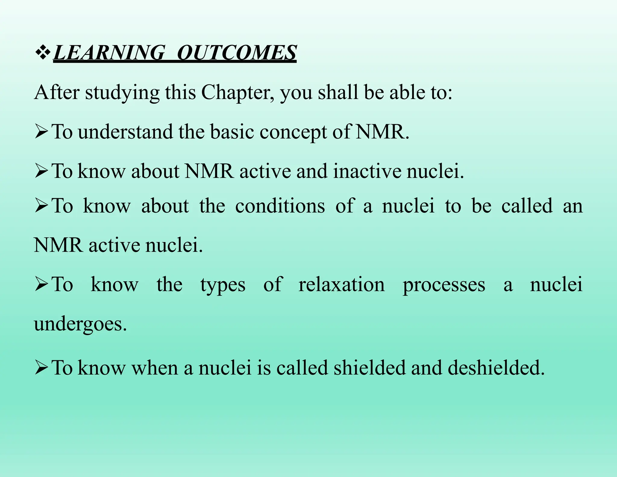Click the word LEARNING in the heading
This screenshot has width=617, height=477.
(109, 53)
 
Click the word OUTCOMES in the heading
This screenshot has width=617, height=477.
(237, 53)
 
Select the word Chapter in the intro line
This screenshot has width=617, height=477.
(237, 93)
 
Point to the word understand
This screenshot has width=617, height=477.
(125, 132)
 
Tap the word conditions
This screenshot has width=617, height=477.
(280, 206)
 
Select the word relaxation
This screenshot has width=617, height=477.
(342, 284)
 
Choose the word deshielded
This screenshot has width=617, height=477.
(496, 368)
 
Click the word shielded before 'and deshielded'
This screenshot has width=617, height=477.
(370, 368)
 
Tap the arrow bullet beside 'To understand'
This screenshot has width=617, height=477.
(41, 132)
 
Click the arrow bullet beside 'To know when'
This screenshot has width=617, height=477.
(41, 368)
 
